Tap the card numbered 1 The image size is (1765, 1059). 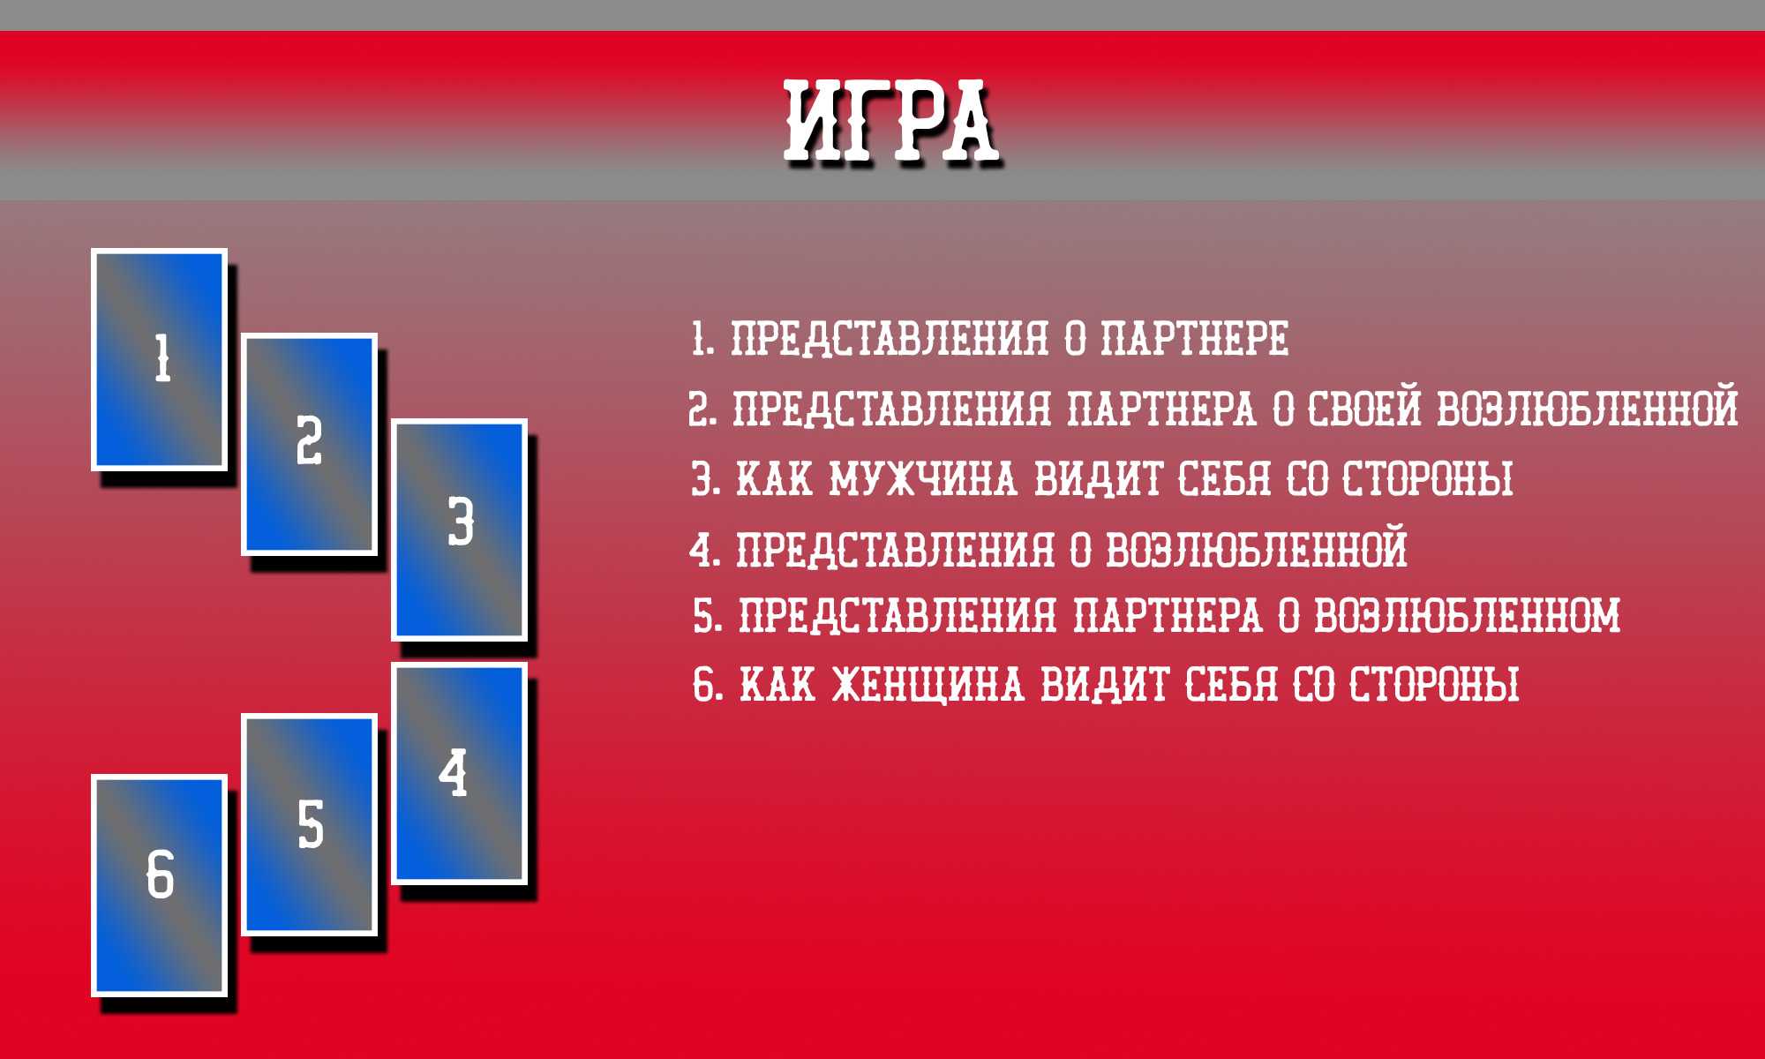point(160,359)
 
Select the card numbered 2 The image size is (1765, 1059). point(310,444)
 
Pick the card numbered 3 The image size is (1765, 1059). point(460,529)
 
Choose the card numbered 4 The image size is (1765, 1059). point(460,773)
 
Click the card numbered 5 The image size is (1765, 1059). point(310,824)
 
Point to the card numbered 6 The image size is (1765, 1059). point(160,886)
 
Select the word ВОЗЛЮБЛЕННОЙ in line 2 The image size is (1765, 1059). point(1588,409)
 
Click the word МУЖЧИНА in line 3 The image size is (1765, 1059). point(922,479)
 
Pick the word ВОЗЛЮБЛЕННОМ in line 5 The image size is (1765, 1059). point(1468,615)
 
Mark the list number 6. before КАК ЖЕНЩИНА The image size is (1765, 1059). point(709,685)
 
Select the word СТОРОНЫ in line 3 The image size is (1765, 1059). point(1428,479)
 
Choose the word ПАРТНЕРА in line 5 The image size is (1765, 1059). point(1168,615)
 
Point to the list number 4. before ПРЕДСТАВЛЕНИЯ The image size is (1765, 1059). point(705,549)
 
